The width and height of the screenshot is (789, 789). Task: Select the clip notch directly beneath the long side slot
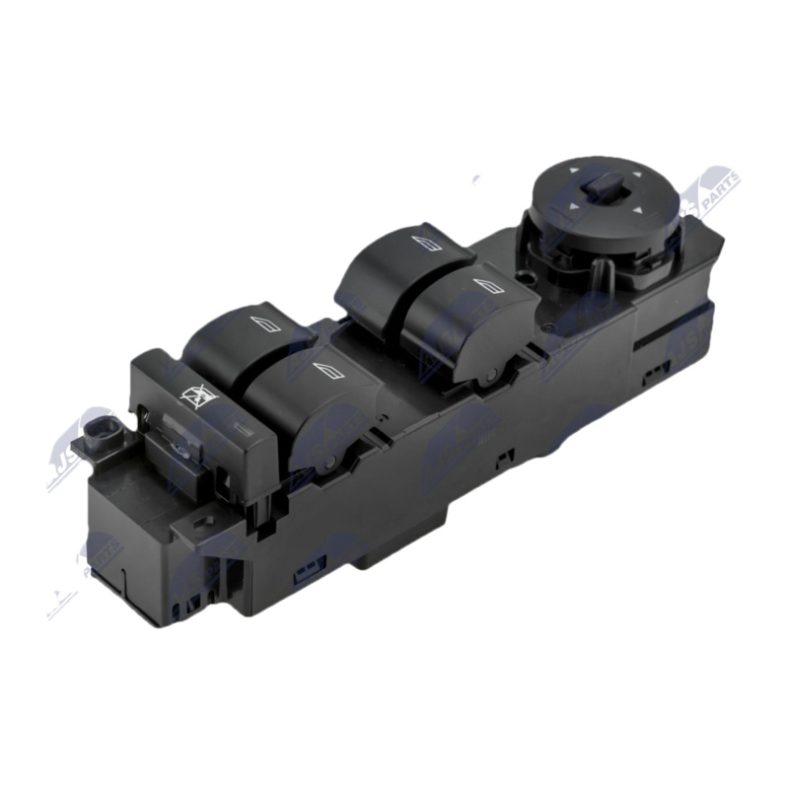click(653, 375)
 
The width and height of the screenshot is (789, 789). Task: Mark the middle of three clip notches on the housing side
click(505, 455)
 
